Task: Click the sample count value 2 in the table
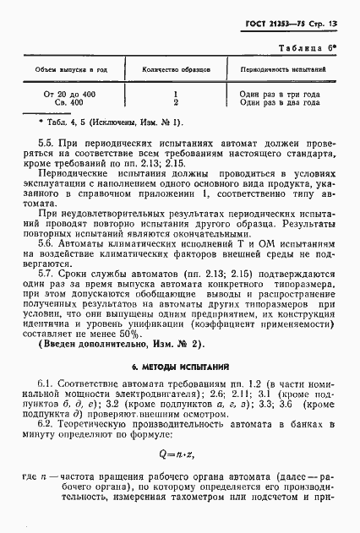coord(174,102)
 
